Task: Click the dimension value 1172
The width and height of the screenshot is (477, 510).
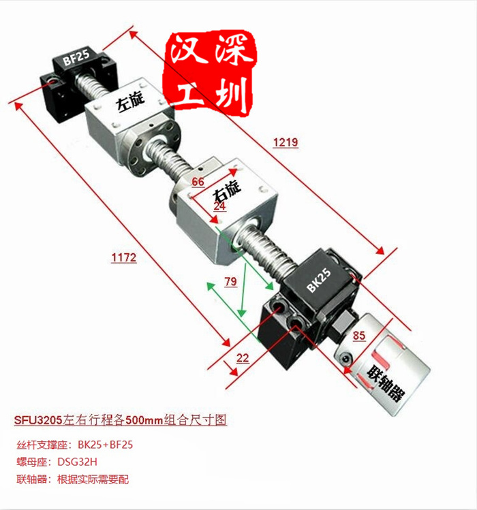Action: pos(124,258)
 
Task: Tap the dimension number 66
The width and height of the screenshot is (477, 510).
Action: pos(198,182)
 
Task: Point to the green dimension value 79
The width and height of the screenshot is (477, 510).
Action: pos(230,281)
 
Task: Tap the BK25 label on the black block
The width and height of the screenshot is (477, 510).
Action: pos(319,279)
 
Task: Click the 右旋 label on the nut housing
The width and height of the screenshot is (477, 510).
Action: pos(227,190)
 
